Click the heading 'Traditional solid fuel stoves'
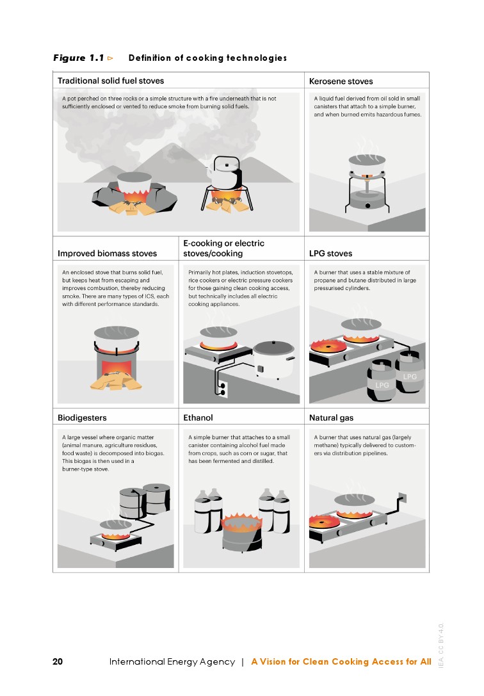(x=111, y=81)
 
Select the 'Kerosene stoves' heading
(x=341, y=81)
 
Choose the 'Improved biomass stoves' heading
(x=108, y=254)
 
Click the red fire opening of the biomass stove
(x=117, y=368)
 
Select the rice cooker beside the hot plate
(x=274, y=359)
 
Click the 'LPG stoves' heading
(x=330, y=254)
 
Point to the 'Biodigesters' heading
(x=82, y=417)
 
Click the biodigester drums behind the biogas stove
(x=145, y=500)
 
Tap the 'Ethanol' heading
(x=198, y=417)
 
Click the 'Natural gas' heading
(x=332, y=417)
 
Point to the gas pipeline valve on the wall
(x=402, y=498)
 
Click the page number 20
(x=58, y=661)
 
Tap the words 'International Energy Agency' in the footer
(x=172, y=662)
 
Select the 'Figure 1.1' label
(x=79, y=58)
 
